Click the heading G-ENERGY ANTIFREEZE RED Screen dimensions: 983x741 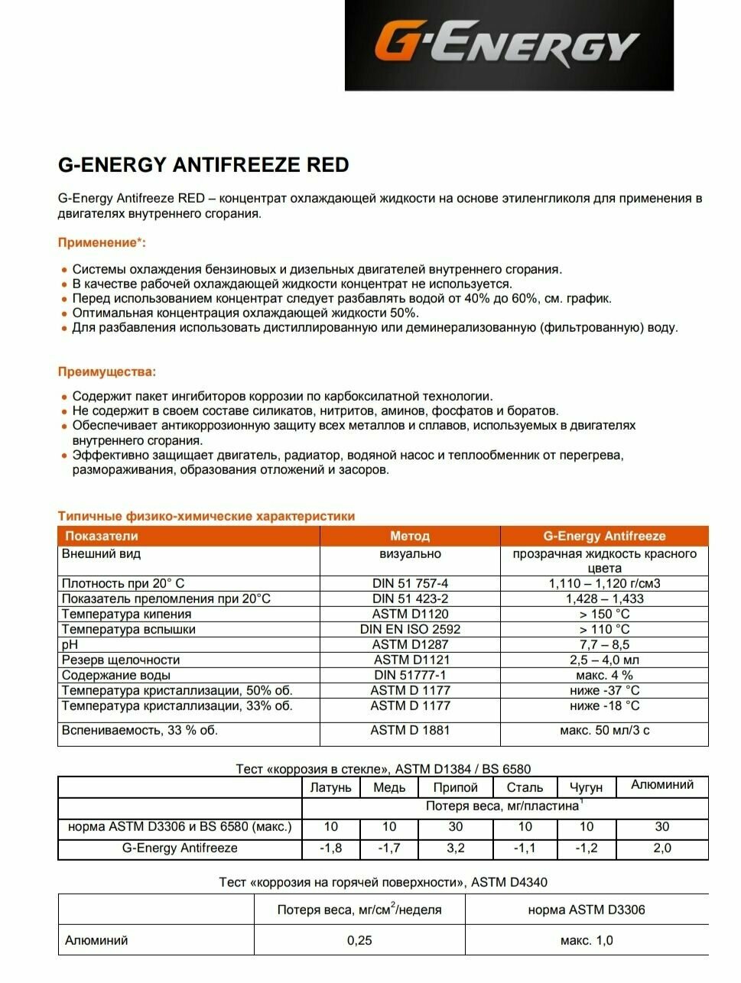[x=203, y=164]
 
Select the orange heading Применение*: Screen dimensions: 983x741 [x=102, y=243]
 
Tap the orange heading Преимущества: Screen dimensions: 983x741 [x=107, y=372]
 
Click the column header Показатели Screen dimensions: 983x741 [x=102, y=536]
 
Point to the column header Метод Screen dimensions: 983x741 [x=410, y=536]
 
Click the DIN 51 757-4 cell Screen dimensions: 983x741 [x=410, y=583]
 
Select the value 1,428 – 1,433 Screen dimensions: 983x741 [x=604, y=599]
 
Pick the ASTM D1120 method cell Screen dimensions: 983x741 [x=410, y=614]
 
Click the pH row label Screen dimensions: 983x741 [x=70, y=644]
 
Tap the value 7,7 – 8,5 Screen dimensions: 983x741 [x=604, y=644]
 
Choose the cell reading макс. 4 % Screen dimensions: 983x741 [x=604, y=675]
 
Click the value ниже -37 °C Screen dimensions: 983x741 [x=604, y=690]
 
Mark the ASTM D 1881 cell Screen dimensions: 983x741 [x=410, y=730]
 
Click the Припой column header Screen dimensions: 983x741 [x=455, y=787]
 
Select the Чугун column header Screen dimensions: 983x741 [x=586, y=787]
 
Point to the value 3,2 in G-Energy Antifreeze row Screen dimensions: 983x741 [x=455, y=848]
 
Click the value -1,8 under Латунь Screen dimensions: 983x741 [x=330, y=848]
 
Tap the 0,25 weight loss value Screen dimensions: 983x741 [x=359, y=940]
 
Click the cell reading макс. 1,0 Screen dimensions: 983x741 [x=586, y=940]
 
